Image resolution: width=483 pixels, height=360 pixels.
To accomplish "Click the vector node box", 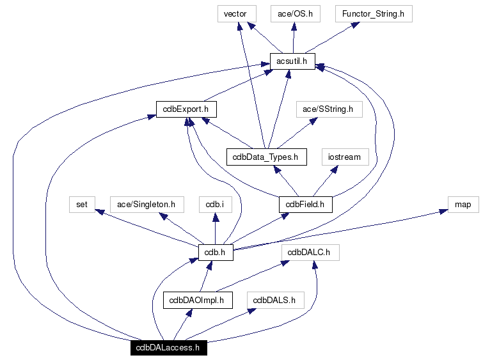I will pos(235,13).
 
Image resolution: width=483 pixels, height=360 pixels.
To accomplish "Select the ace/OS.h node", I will pos(295,13).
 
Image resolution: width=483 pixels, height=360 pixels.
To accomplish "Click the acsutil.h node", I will pos(292,61).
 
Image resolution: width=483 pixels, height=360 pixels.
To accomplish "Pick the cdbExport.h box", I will pos(186,109).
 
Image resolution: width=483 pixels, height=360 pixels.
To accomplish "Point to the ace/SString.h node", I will pos(329,109).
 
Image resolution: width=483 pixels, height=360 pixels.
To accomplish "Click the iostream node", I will pos(345,156).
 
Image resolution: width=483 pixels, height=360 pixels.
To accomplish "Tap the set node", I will pos(82,205).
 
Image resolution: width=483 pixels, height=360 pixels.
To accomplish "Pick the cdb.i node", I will pos(214,205).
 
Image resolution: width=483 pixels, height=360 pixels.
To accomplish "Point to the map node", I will pos(463,205).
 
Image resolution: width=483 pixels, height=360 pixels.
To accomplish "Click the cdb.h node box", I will pos(215,253).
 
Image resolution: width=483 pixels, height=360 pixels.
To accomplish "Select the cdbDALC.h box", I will pos(310,253).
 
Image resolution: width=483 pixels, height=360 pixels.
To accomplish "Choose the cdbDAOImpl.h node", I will pos(197,300).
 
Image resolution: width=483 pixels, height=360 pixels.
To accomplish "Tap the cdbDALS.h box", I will pos(275,300).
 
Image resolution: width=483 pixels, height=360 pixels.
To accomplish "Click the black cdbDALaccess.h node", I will pos(168,348).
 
